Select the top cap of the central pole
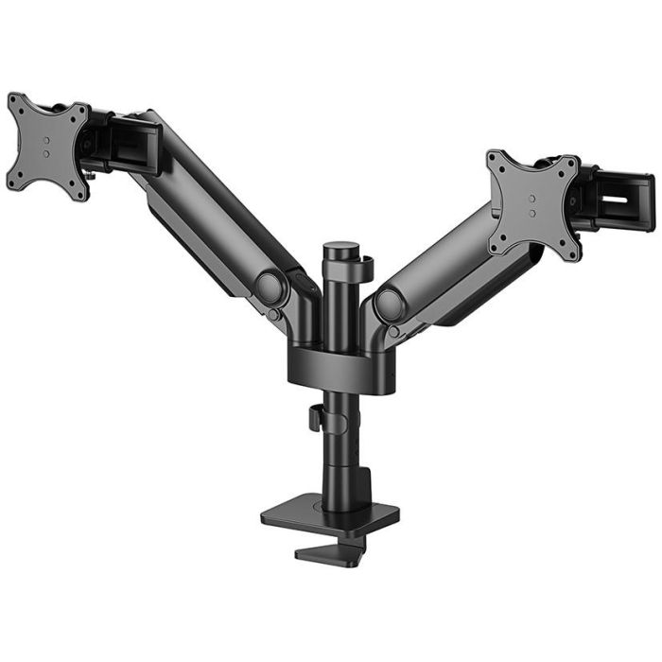click(x=336, y=250)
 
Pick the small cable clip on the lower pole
click(x=312, y=417)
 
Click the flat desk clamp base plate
click(x=330, y=515)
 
